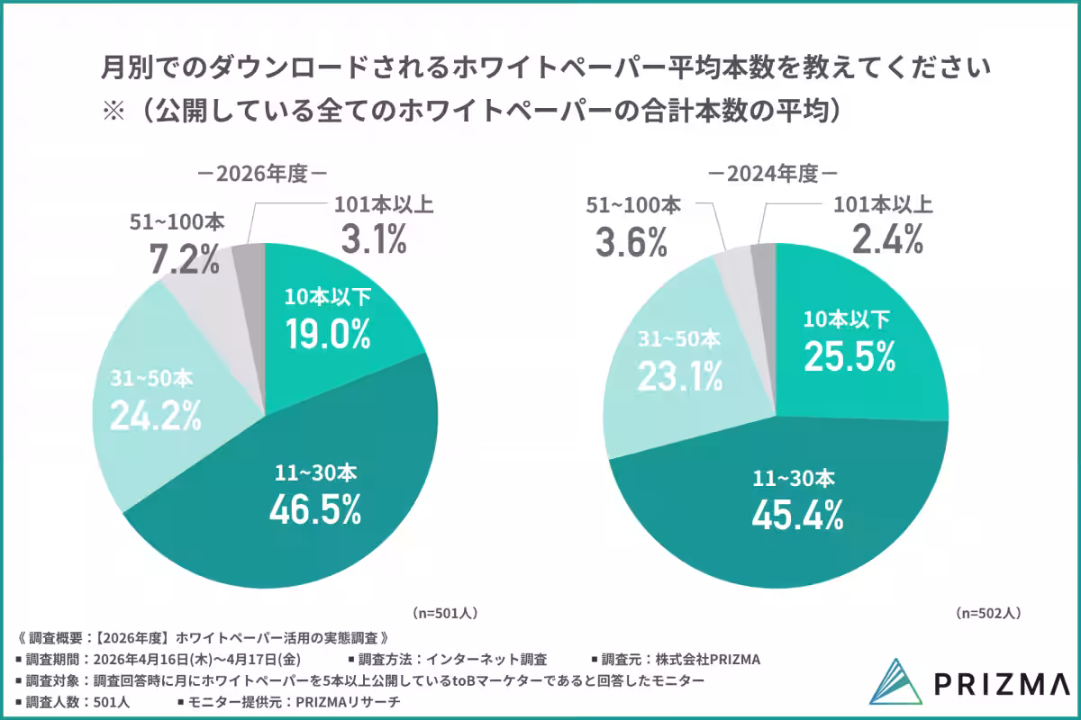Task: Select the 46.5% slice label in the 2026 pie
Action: point(314,508)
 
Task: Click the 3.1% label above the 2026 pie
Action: point(374,240)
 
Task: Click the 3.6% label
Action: point(631,241)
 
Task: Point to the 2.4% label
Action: point(887,240)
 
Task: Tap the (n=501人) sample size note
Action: point(444,613)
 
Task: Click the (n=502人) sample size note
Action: point(988,613)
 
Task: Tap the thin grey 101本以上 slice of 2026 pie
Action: point(248,259)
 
